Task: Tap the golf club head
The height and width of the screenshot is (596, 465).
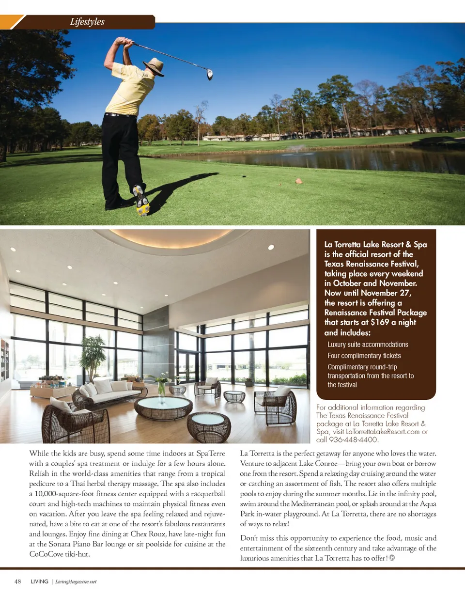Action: [x=210, y=74]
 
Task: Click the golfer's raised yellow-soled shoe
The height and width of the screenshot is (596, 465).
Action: [x=141, y=199]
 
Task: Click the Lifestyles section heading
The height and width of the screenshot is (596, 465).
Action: [x=87, y=22]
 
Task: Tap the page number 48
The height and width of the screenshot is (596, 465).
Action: [x=18, y=581]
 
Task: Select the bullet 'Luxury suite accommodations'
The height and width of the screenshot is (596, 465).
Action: [x=368, y=345]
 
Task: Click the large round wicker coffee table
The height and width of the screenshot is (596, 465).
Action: [x=163, y=407]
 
